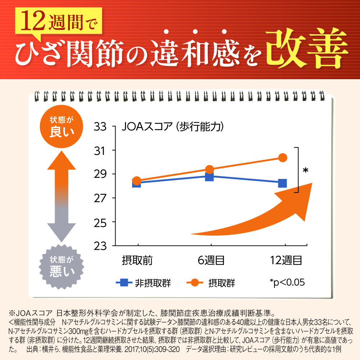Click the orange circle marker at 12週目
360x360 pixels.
283,157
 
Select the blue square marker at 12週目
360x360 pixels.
283,183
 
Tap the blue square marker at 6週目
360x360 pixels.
210,176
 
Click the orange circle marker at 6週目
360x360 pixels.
210,169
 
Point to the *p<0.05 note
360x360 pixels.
287,283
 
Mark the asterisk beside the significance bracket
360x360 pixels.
305,170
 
